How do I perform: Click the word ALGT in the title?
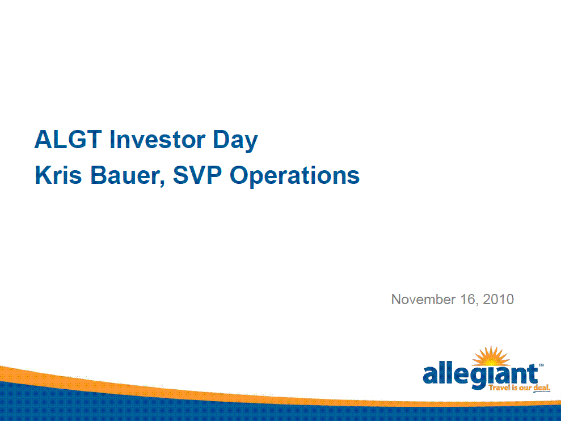[x=68, y=139]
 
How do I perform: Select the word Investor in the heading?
[x=158, y=139]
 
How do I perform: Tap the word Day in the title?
[x=235, y=141]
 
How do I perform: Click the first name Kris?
[x=58, y=175]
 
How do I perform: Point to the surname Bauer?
[x=125, y=175]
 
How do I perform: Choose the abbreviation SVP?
[x=197, y=175]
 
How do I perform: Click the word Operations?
[x=294, y=176]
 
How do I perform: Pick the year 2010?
[x=499, y=299]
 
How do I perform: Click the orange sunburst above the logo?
[x=491, y=356]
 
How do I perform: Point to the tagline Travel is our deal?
[x=519, y=388]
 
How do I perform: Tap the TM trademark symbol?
[x=541, y=365]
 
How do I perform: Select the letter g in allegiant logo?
[x=481, y=378]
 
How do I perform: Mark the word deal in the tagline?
[x=542, y=388]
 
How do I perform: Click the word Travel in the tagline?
[x=498, y=388]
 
